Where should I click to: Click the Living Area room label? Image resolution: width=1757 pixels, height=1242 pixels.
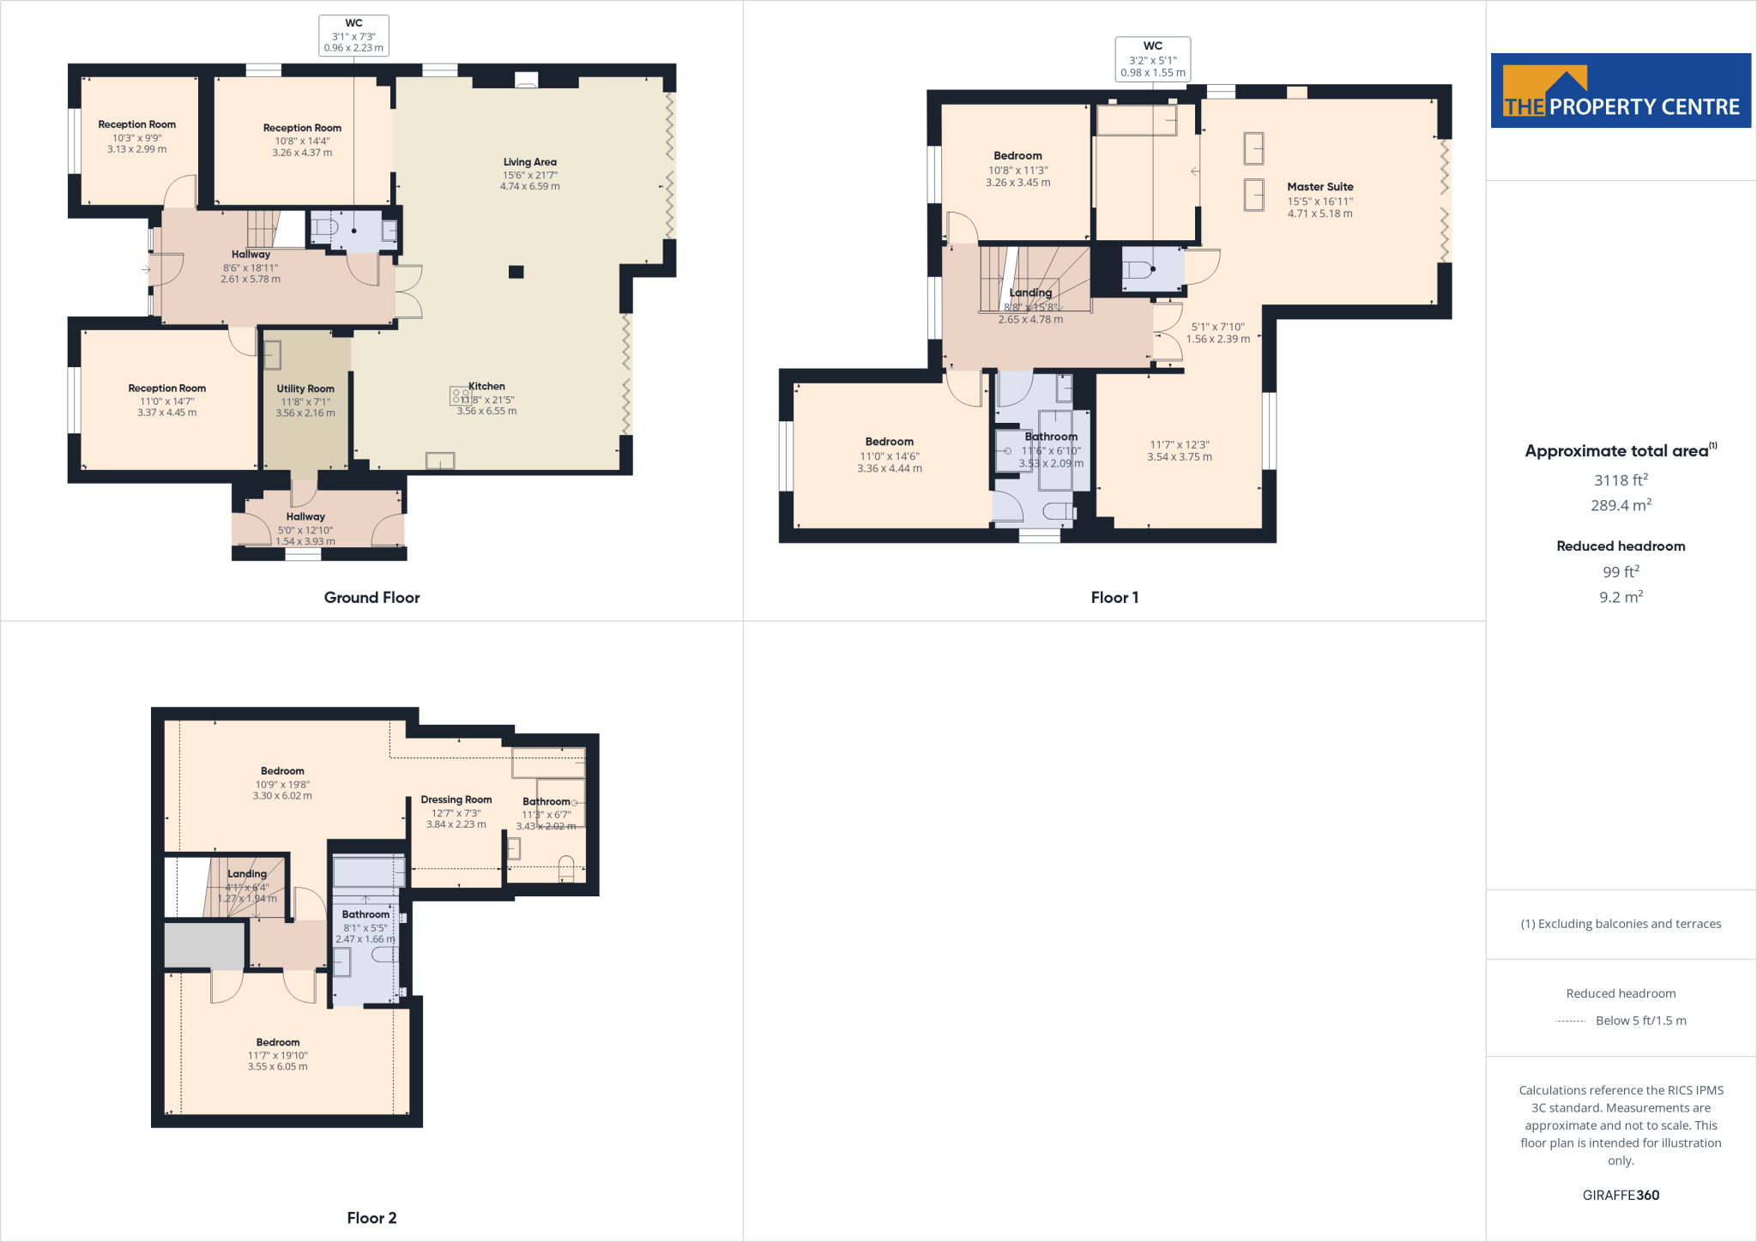[x=529, y=162]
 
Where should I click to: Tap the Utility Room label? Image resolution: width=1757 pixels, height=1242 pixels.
[x=305, y=389]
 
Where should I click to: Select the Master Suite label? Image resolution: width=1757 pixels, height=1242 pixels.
[x=1319, y=187]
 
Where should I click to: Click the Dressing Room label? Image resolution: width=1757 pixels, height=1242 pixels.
[x=456, y=799]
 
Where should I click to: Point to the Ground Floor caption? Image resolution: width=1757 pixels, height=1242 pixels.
[x=371, y=598]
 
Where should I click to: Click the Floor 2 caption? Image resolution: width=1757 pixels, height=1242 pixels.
[x=371, y=1218]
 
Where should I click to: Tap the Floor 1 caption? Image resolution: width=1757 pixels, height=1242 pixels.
[x=1114, y=598]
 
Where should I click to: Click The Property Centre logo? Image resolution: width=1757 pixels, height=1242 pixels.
[x=1620, y=91]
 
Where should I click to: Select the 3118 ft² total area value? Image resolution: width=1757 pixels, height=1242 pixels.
[x=1621, y=480]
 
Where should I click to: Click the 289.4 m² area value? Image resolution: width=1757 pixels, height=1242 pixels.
[x=1621, y=505]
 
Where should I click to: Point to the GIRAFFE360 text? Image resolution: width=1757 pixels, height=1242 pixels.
[x=1621, y=1195]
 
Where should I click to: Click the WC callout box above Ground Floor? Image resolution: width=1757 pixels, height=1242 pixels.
[x=353, y=36]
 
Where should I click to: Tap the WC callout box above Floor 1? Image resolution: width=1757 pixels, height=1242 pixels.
[x=1152, y=59]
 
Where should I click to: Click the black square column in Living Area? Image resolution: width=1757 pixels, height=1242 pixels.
[x=516, y=272]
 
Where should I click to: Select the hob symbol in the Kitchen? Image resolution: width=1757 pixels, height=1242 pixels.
[x=460, y=395]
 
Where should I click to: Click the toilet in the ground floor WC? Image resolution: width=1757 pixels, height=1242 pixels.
[x=325, y=229]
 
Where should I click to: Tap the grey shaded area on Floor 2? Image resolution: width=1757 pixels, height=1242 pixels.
[x=204, y=945]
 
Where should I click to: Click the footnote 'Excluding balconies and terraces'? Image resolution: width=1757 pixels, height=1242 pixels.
[x=1621, y=924]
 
